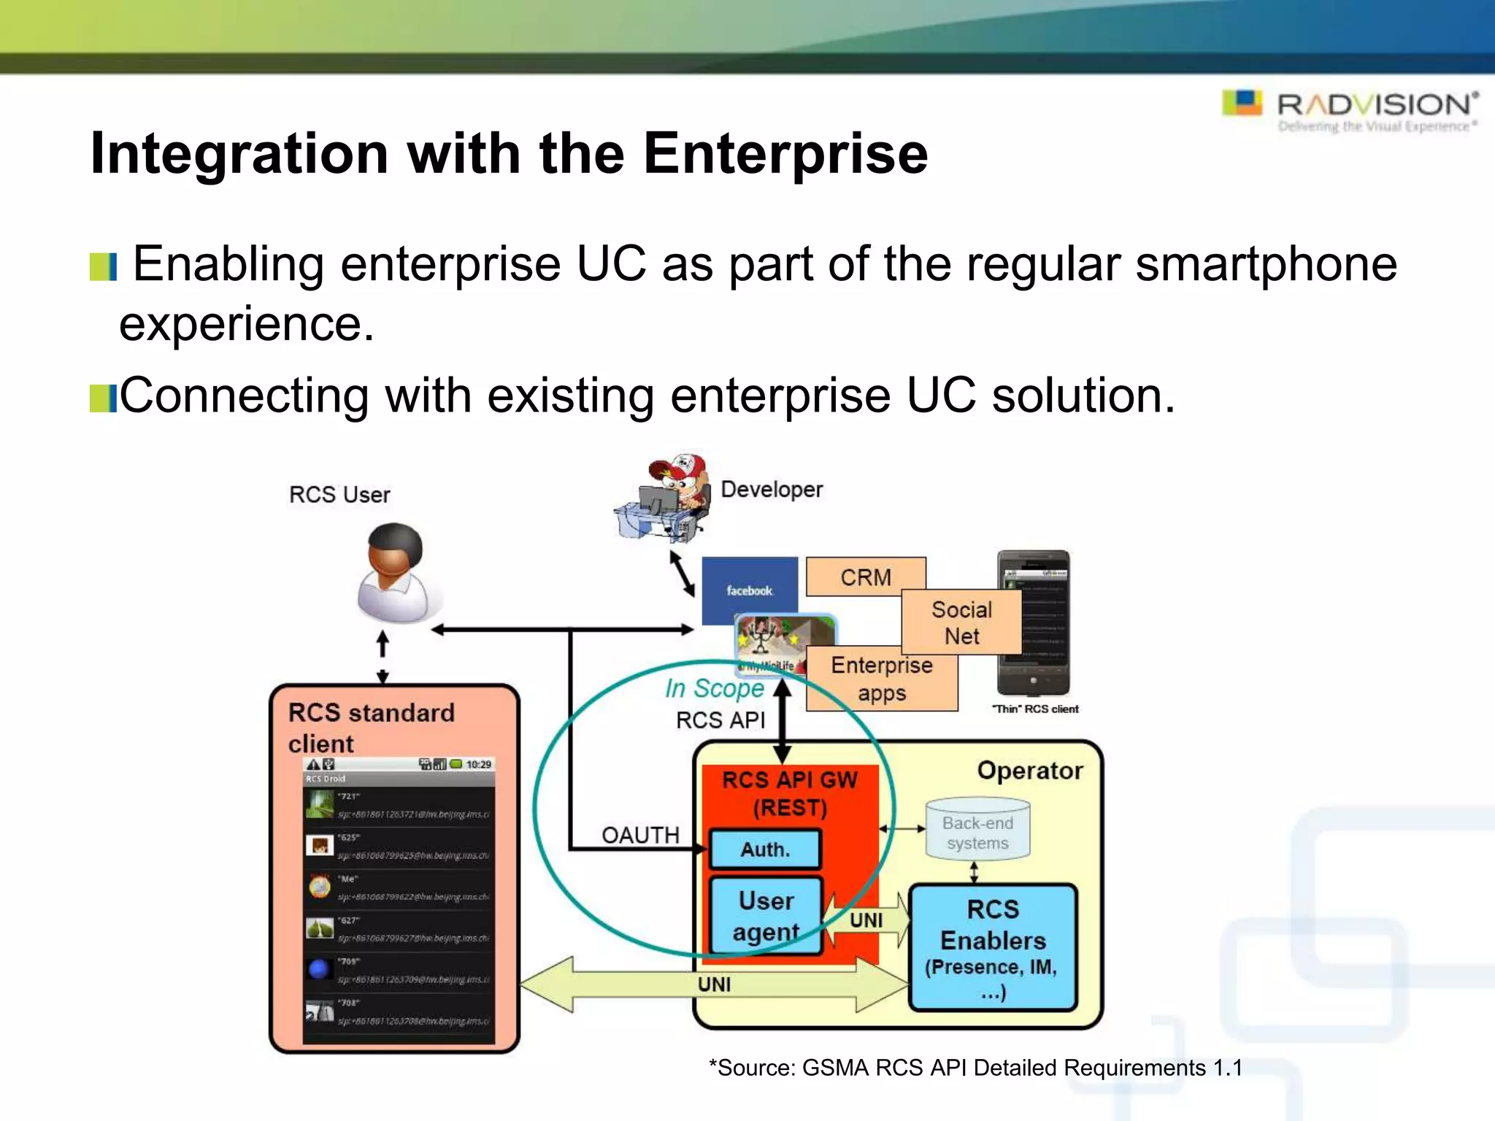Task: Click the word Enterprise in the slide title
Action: point(785,154)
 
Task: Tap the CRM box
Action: point(866,577)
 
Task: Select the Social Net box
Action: point(961,623)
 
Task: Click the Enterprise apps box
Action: point(881,679)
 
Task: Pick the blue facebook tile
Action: point(749,589)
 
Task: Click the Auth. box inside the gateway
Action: point(765,849)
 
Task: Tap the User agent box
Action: point(766,916)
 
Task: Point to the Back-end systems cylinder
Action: point(977,831)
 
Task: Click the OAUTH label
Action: point(640,835)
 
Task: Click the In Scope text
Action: point(714,688)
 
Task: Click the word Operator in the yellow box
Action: point(1029,771)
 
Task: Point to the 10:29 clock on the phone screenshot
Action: point(479,764)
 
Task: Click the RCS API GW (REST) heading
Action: point(790,793)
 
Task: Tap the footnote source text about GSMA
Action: point(975,1068)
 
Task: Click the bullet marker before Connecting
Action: point(102,398)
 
